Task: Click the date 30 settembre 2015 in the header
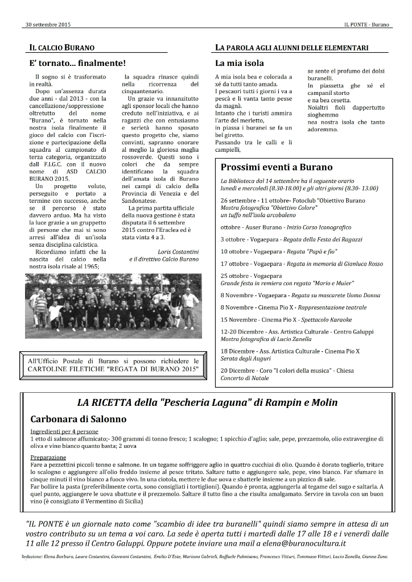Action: [48, 25]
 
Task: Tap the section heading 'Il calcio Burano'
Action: [62, 48]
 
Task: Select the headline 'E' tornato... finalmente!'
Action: [77, 63]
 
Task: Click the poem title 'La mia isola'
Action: [239, 63]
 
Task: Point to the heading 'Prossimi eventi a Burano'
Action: [277, 167]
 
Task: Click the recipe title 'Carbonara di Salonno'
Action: [79, 419]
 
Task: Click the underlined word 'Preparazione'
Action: [48, 457]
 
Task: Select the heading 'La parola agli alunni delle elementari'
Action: [292, 48]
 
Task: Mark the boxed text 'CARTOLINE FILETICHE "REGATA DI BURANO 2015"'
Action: [114, 369]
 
